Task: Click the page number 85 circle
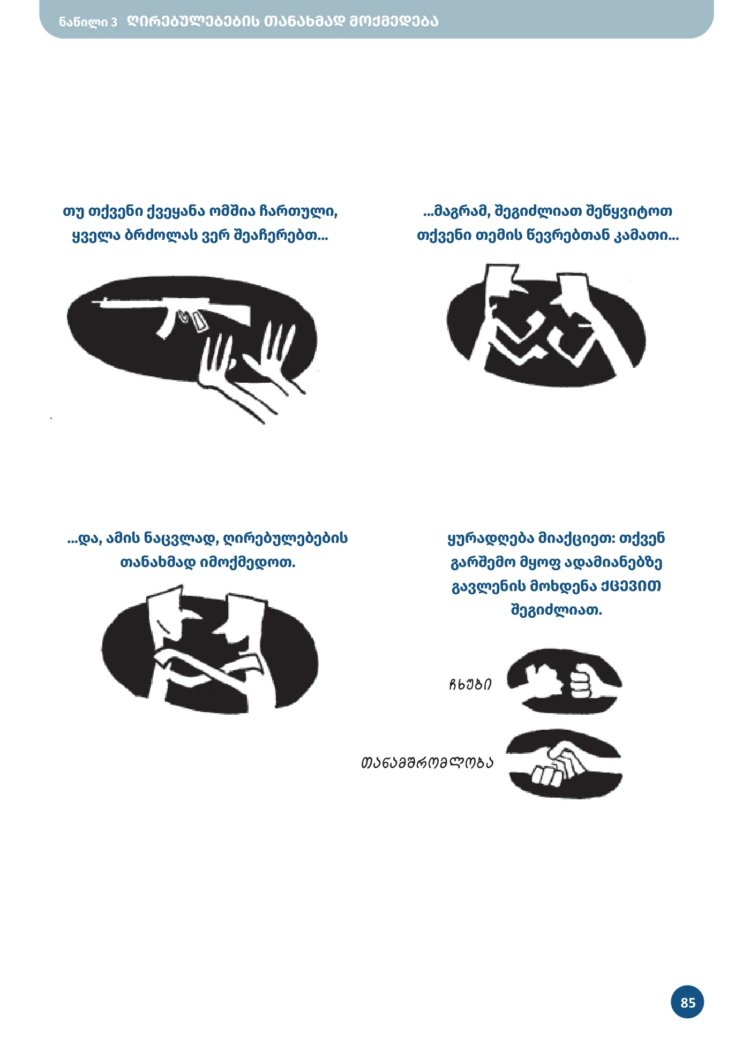click(x=687, y=1002)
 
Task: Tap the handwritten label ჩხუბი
click(x=470, y=684)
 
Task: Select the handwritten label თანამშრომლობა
click(x=427, y=762)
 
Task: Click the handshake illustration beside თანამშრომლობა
click(x=564, y=764)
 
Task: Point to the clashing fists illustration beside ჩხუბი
click(x=564, y=681)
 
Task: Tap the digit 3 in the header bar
click(x=114, y=22)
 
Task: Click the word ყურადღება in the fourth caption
click(x=491, y=539)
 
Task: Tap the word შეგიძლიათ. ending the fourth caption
click(x=557, y=610)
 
